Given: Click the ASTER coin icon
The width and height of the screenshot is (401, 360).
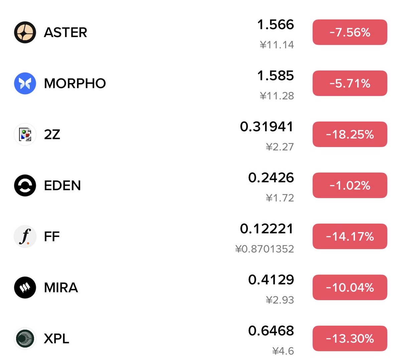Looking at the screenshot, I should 25,32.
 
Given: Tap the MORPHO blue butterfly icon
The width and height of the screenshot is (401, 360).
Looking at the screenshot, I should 25,83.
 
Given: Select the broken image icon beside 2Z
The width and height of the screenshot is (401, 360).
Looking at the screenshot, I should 25,134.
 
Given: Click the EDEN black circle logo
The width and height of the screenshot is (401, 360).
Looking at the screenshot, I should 25,185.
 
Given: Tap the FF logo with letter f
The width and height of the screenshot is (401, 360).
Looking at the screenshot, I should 25,236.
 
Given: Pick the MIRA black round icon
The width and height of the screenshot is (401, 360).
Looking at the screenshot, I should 25,287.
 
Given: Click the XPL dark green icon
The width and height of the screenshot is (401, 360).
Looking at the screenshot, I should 25,338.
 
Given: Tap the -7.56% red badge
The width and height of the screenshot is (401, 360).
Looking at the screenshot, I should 350,32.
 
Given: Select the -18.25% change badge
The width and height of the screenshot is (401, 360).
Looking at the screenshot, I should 350,134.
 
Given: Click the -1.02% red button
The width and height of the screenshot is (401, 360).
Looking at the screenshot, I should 350,185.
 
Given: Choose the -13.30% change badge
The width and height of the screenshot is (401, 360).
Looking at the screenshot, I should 350,338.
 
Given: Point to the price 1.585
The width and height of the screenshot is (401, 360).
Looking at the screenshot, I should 275,76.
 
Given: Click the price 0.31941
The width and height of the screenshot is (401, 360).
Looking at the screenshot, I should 267,127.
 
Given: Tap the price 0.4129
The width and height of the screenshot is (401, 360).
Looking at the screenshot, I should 271,280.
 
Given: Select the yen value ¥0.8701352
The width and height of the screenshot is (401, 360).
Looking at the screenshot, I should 265,249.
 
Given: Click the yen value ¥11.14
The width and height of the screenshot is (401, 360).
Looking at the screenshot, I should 277,45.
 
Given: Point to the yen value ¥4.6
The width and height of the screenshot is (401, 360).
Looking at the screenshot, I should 283,351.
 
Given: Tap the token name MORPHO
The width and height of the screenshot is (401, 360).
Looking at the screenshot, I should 75,84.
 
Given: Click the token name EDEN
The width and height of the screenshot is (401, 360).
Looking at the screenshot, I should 62,186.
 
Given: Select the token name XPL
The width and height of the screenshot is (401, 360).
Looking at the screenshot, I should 56,339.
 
